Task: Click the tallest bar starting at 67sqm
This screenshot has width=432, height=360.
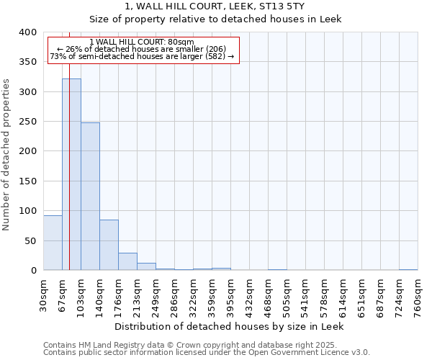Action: pos(71,174)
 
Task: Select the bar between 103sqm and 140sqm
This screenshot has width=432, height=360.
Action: pos(90,197)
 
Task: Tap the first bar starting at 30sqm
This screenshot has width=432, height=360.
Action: pos(53,243)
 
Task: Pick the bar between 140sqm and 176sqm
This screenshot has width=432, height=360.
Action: pos(109,245)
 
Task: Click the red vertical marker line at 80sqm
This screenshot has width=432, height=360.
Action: pos(69,144)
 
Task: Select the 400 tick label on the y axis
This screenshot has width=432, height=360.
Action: pos(27,32)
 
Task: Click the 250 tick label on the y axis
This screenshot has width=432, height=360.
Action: pos(27,122)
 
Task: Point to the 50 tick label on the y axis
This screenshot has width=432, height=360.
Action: pos(30,240)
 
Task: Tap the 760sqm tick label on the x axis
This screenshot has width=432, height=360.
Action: pos(418,294)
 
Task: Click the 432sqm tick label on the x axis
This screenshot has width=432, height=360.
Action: pos(250,294)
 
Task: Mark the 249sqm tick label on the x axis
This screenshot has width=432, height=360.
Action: pos(156,294)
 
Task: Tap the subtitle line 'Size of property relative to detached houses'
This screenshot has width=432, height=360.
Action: pos(215,19)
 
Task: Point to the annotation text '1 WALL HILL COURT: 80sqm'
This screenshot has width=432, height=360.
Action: pos(142,42)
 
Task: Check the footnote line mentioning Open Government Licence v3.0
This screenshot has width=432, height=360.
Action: pos(207,352)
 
